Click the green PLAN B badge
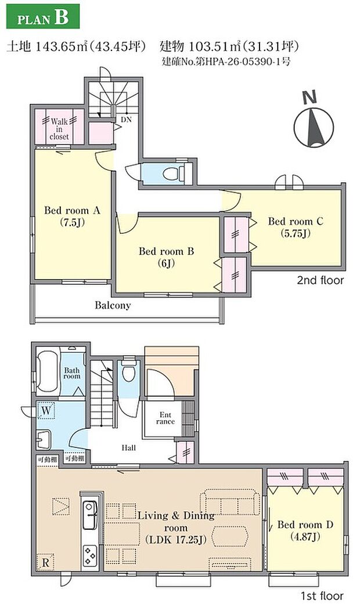(x=43, y=16)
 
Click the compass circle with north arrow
(x=314, y=127)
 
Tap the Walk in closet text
(x=59, y=128)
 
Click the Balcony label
(x=113, y=305)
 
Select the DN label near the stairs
(x=127, y=120)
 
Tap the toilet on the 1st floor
(x=128, y=371)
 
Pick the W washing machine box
(x=46, y=411)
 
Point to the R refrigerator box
(x=45, y=562)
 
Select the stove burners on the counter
(x=90, y=555)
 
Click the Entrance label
(x=165, y=418)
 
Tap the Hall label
(x=129, y=448)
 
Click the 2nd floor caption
(x=320, y=280)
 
